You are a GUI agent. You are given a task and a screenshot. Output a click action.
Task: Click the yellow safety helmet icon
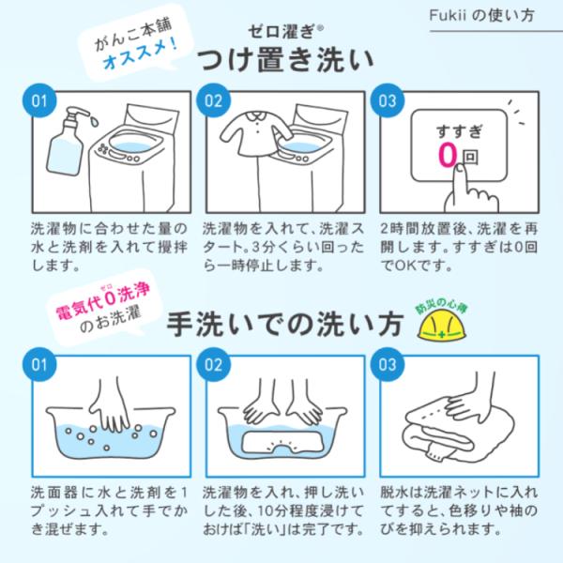442,327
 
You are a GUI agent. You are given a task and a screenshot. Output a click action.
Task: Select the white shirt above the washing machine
256,132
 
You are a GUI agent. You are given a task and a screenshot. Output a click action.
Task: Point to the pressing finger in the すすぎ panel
470,190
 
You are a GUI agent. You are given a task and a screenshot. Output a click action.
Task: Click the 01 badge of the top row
39,100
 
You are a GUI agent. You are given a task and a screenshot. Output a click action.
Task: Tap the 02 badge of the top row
213,100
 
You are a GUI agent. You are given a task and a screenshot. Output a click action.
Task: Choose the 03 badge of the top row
387,100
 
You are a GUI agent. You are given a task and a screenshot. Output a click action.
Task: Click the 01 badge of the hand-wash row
39,364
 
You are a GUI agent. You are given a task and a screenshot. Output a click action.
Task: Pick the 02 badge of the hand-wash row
213,364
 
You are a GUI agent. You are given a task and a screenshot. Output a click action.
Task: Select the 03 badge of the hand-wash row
387,364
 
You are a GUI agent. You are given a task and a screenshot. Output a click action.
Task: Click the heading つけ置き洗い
285,60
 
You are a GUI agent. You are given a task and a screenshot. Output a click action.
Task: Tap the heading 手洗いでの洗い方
285,325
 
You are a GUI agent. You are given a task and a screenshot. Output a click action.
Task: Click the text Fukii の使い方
482,15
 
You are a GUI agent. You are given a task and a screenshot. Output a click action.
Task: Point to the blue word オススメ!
141,53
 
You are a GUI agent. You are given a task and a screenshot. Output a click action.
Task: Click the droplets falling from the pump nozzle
95,121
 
